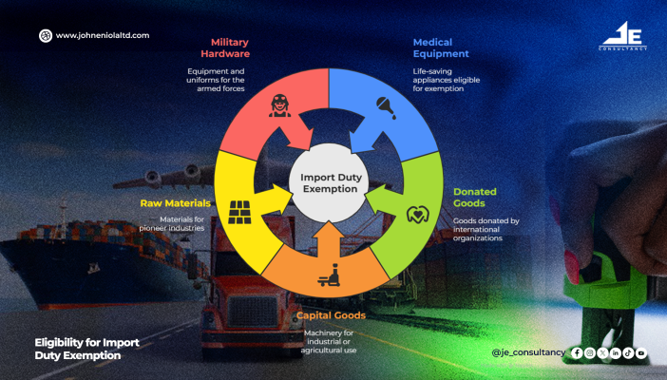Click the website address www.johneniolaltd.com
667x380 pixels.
[103, 35]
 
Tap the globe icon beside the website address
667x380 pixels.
[46, 36]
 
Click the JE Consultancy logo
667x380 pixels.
[622, 36]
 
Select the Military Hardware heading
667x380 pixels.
[225, 47]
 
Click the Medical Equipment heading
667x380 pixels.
[441, 47]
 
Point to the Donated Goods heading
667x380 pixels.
[475, 197]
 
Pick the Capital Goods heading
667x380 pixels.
[331, 315]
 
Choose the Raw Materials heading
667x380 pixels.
[175, 203]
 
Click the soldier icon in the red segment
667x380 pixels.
[279, 105]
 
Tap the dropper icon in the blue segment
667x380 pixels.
[386, 107]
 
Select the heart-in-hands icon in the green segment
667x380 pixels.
[418, 215]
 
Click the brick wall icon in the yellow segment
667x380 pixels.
[239, 212]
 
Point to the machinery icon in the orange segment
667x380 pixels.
[329, 275]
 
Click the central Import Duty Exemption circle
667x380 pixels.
[329, 183]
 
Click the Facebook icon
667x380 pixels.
[577, 352]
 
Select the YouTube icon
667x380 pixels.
[641, 352]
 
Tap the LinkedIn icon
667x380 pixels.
[615, 352]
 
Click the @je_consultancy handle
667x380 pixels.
[528, 352]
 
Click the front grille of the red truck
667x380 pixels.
[252, 312]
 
